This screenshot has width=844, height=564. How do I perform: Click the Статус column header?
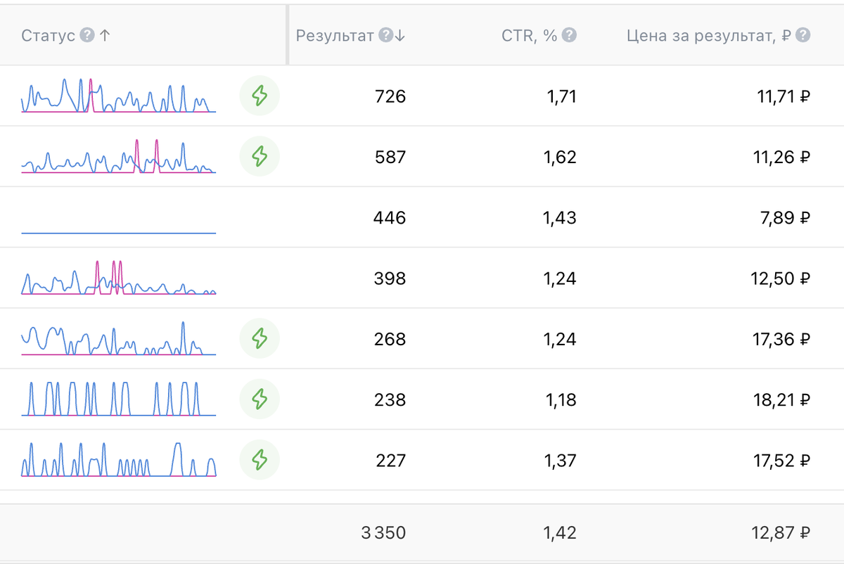(48, 36)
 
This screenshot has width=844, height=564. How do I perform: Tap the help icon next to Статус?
(87, 35)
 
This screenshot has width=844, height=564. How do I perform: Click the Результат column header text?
(335, 36)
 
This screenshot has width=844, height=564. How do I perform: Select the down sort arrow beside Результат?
(399, 36)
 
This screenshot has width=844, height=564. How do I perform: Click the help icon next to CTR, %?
(569, 35)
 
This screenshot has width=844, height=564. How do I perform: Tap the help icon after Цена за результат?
(803, 35)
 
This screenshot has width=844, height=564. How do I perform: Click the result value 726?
(390, 96)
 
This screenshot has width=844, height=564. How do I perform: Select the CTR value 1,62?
(560, 157)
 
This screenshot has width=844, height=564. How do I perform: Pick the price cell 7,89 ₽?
(785, 218)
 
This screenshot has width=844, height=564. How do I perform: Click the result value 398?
(390, 278)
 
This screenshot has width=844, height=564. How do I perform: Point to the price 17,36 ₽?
(781, 339)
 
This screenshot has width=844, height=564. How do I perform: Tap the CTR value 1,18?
(561, 399)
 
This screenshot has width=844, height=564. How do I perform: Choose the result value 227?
(391, 461)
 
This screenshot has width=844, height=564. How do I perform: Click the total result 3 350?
(383, 533)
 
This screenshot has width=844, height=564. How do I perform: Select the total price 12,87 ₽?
(781, 533)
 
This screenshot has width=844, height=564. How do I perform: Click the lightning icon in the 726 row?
(260, 96)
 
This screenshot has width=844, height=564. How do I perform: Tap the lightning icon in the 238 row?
(260, 399)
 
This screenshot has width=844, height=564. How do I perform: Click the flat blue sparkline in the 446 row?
(119, 233)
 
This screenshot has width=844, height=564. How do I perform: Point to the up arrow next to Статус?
(105, 36)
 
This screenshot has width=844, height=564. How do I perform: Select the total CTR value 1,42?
(560, 533)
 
